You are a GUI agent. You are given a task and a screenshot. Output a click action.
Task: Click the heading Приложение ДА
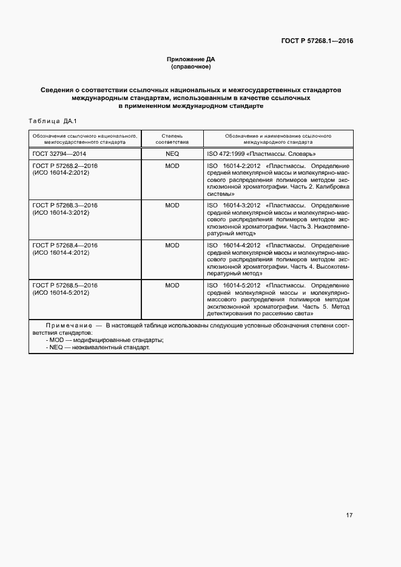[x=191, y=59]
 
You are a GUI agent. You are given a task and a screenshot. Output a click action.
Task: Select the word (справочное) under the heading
[x=191, y=67]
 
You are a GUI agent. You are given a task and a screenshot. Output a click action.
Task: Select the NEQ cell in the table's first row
[x=172, y=155]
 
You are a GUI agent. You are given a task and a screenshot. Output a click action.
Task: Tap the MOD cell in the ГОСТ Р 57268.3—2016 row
[x=172, y=206]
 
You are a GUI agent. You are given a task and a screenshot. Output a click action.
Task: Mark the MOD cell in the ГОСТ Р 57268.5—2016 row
[x=172, y=285]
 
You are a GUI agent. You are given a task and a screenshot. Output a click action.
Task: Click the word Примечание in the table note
[x=69, y=326]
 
